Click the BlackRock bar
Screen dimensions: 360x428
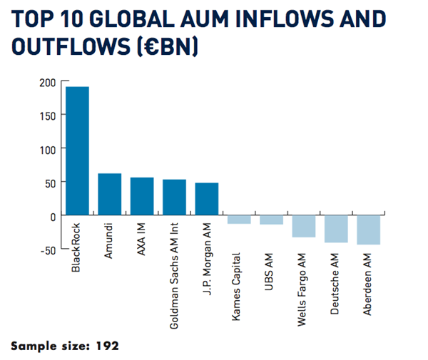tap(77, 150)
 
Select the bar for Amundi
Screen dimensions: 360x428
tap(109, 194)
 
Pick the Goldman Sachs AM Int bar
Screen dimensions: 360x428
tap(174, 197)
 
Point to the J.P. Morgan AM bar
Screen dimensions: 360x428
tap(206, 199)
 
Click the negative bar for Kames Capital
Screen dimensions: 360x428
tap(239, 220)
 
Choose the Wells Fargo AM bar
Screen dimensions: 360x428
tap(303, 226)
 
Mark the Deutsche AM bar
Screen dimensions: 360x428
tap(336, 229)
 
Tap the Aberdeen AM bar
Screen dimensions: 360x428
tap(368, 230)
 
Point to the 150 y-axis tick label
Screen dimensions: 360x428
tap(46, 115)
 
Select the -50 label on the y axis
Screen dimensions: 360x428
tap(45, 250)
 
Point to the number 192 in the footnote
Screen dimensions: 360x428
tap(108, 346)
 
